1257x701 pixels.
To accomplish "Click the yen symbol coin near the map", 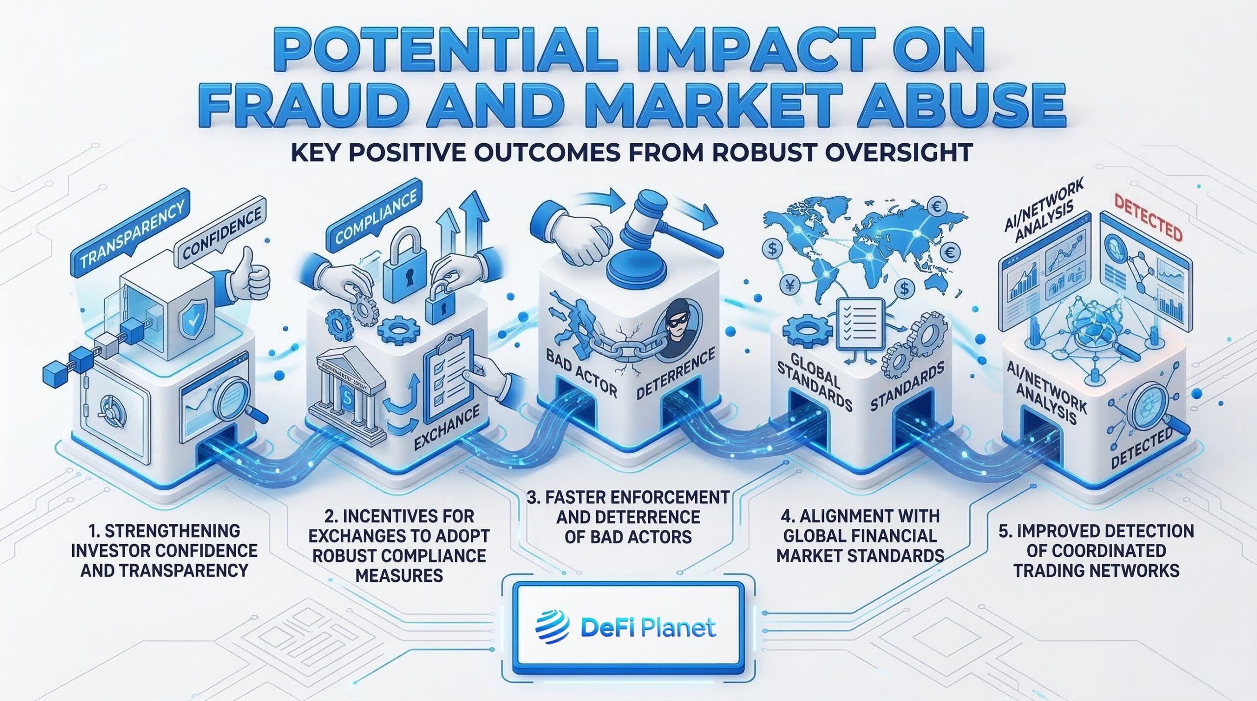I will point(790,286).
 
